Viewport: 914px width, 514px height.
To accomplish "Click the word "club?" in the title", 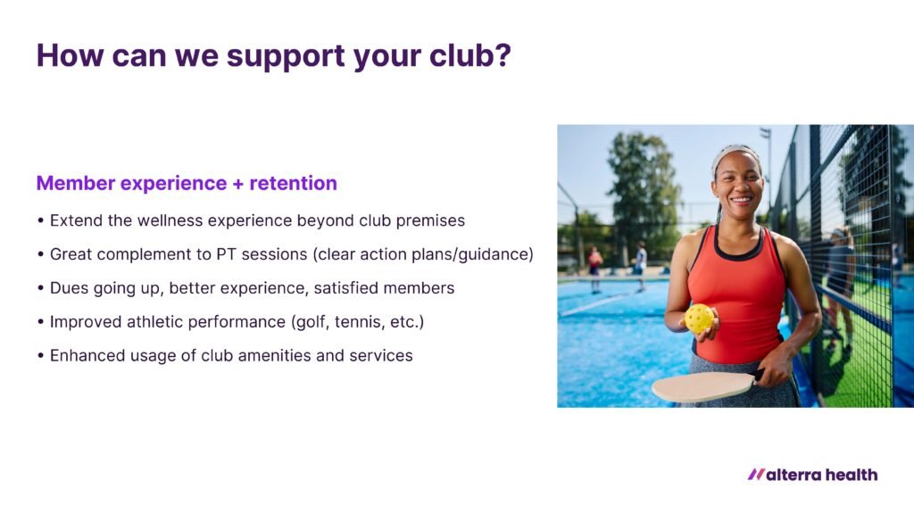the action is click(469, 55).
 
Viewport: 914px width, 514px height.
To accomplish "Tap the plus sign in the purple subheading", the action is click(237, 184).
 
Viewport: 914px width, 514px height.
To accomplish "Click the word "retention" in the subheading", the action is click(293, 183).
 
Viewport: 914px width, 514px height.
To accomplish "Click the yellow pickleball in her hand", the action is click(700, 319).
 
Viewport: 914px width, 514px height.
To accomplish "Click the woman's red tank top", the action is click(737, 297).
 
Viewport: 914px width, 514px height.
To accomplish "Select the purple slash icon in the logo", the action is click(756, 475).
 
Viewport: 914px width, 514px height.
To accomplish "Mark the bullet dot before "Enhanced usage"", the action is click(40, 355).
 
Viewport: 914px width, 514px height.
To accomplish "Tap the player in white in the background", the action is click(641, 265).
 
